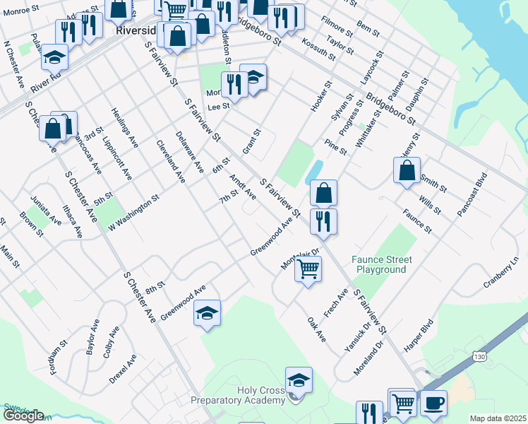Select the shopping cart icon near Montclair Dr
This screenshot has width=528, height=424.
pyautogui.click(x=308, y=269)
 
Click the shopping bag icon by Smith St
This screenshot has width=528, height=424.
pyautogui.click(x=407, y=170)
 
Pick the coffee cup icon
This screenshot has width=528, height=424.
pyautogui.click(x=433, y=403)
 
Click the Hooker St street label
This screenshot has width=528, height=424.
pyautogui.click(x=321, y=99)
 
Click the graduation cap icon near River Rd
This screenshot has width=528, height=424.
pyautogui.click(x=54, y=57)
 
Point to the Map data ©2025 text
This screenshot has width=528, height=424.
pyautogui.click(x=497, y=418)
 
